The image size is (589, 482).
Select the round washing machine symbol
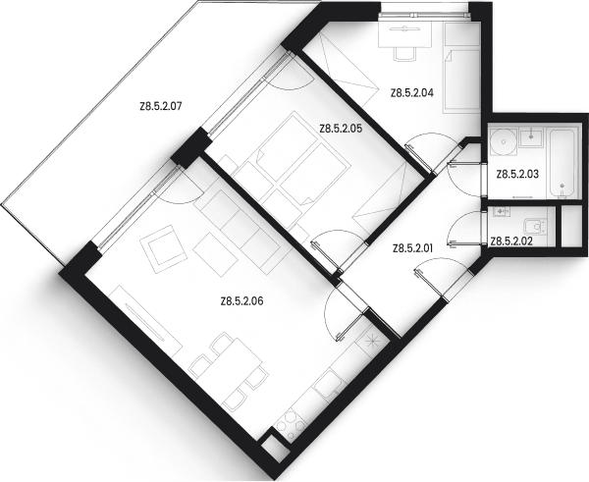tap(503, 143)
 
